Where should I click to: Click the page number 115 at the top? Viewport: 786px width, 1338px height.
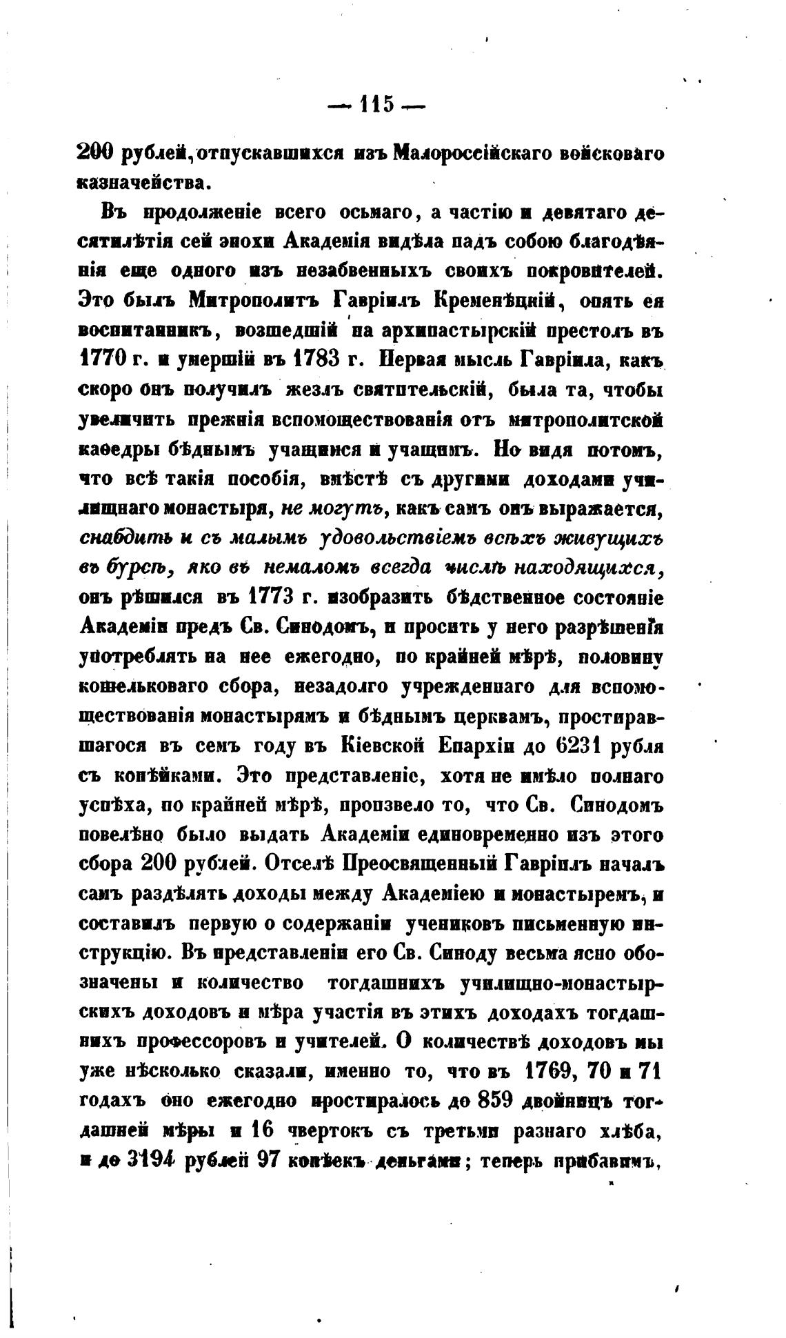(x=376, y=105)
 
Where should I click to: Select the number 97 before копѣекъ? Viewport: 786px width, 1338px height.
(x=261, y=1161)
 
